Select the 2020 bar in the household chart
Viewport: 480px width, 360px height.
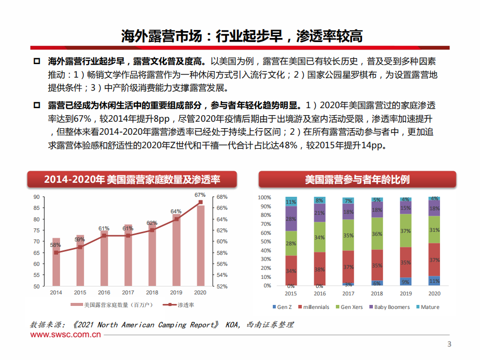coord(200,246)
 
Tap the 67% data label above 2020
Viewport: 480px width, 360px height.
coord(200,195)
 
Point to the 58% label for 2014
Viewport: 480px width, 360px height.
coord(56,245)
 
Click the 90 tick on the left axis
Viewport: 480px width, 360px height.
coord(37,197)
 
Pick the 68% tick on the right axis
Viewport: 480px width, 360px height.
coord(222,197)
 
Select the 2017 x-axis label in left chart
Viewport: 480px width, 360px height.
coord(128,292)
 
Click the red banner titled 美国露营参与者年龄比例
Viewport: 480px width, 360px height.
coord(357,179)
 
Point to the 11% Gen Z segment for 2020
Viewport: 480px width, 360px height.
coord(434,281)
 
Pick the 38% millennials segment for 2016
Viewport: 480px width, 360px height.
coord(319,269)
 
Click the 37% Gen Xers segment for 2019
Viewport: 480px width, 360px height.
coord(405,231)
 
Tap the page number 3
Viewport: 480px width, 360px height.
coord(449,344)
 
